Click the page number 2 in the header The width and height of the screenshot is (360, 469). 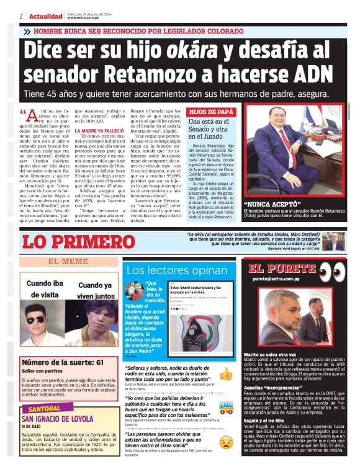click(20, 16)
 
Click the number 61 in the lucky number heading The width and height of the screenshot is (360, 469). click(99, 362)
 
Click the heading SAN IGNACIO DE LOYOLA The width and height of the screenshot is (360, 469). click(61, 419)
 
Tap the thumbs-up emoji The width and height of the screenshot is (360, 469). click(227, 374)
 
